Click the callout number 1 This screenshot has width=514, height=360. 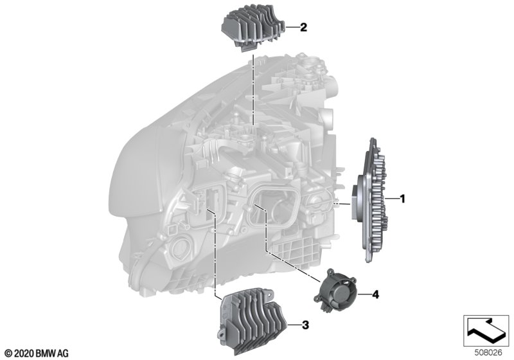click(403, 199)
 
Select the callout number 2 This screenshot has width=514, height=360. click(303, 27)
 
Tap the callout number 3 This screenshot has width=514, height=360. click(305, 325)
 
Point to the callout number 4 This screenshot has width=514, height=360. click(375, 294)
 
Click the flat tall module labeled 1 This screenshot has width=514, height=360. click(371, 200)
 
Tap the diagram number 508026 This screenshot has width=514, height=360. click(488, 353)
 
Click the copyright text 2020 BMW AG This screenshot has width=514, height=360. click(37, 354)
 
